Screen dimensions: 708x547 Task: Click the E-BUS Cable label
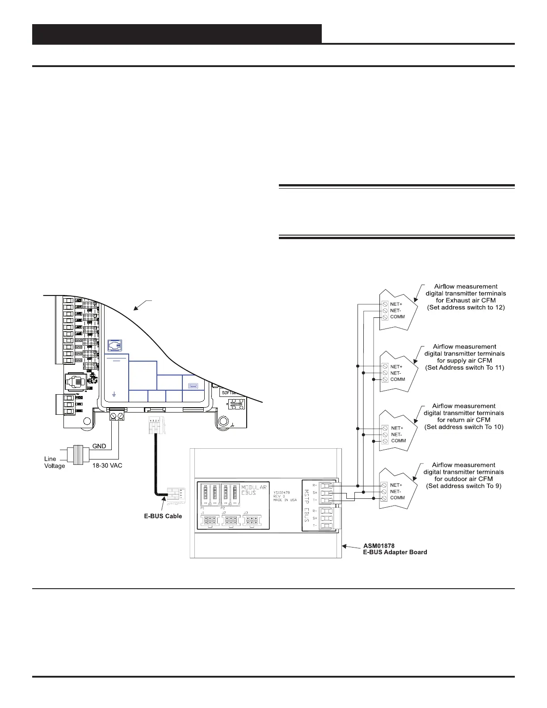pyautogui.click(x=163, y=516)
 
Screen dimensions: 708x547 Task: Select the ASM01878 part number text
pyautogui.click(x=379, y=546)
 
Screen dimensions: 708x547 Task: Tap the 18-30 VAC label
pyautogui.click(x=107, y=465)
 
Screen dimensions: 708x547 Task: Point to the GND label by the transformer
pyautogui.click(x=99, y=446)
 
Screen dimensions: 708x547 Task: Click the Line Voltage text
pyautogui.click(x=55, y=462)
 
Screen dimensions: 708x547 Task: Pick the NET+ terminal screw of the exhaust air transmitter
pyautogui.click(x=385, y=304)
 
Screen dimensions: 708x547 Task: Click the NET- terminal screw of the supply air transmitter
pyautogui.click(x=385, y=373)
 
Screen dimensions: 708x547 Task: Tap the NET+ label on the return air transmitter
pyautogui.click(x=397, y=428)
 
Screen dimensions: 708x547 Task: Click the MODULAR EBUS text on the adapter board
pyautogui.click(x=254, y=490)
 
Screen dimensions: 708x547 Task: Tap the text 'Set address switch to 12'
pyautogui.click(x=466, y=308)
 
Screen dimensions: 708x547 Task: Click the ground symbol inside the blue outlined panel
pyautogui.click(x=114, y=394)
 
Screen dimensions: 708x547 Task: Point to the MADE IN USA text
pyautogui.click(x=285, y=500)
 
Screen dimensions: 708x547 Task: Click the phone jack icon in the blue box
pyautogui.click(x=115, y=346)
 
